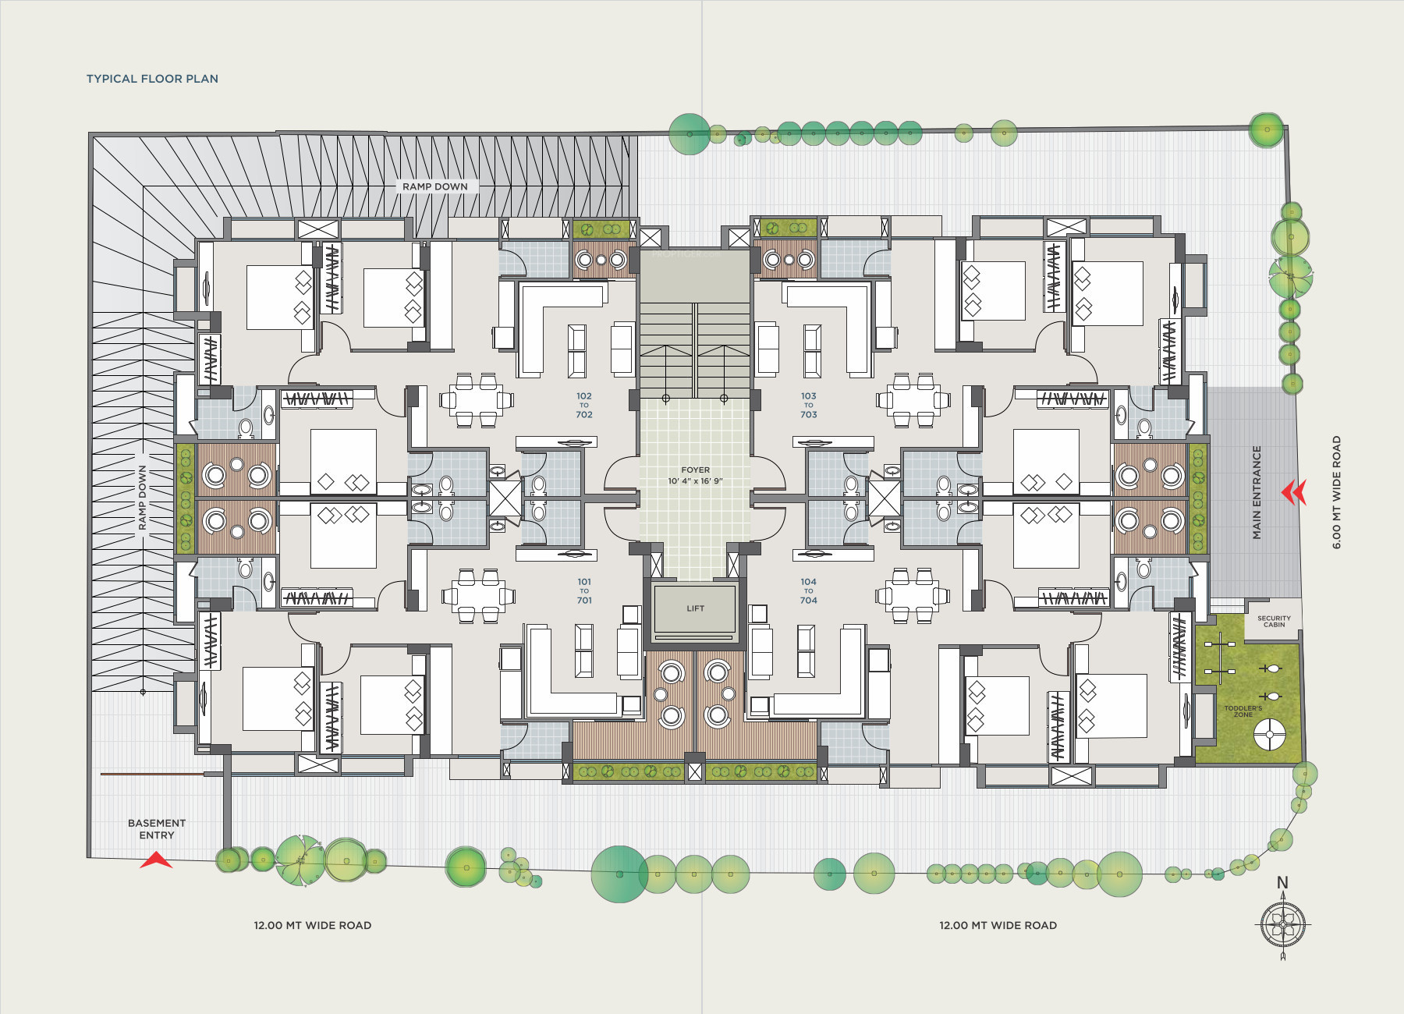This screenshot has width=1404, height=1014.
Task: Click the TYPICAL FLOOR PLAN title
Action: click(152, 79)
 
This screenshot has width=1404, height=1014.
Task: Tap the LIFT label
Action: click(695, 608)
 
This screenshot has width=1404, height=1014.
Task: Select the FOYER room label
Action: click(695, 470)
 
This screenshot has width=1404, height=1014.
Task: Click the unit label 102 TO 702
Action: click(584, 406)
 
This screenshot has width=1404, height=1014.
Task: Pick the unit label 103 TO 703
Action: click(809, 406)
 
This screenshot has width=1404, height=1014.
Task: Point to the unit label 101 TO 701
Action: click(584, 591)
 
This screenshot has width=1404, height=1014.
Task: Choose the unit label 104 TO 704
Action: click(809, 591)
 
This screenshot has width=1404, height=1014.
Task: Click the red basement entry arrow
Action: click(156, 860)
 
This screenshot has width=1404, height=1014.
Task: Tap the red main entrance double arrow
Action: click(1293, 492)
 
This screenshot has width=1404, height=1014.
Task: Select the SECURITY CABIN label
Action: click(1274, 621)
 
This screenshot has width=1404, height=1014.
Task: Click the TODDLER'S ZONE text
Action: click(1243, 711)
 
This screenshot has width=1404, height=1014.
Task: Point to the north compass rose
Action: click(1282, 926)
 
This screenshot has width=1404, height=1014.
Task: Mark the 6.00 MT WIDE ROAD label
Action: click(1336, 492)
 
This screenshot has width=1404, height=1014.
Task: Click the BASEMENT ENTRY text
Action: click(157, 829)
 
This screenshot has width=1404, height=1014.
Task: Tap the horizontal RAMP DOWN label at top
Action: click(435, 186)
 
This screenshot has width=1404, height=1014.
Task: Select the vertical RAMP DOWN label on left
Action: click(142, 498)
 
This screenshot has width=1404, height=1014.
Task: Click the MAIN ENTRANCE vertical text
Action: click(1257, 492)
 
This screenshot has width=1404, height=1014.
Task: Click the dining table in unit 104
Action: click(912, 597)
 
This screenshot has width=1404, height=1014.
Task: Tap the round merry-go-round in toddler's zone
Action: click(1269, 734)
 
